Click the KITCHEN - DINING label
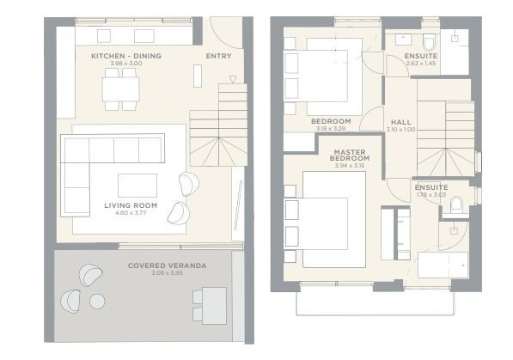coord(125,56)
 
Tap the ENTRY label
coord(218,57)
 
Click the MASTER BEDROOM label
coord(351,155)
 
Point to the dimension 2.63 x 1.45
coord(420,64)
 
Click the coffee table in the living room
coord(137,185)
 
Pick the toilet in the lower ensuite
coord(457,204)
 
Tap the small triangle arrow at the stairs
coord(232,79)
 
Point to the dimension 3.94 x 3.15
coord(351,167)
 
